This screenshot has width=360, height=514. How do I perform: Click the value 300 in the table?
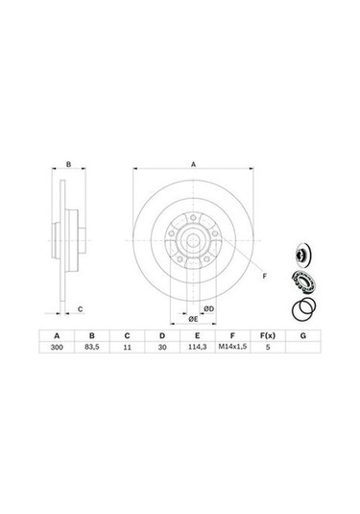pyautogui.click(x=57, y=347)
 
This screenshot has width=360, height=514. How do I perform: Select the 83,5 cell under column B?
pyautogui.click(x=92, y=347)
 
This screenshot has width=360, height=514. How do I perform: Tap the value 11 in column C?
pyautogui.click(x=127, y=347)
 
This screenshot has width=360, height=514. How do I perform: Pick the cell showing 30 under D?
pyautogui.click(x=162, y=347)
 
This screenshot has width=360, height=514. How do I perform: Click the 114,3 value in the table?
pyautogui.click(x=197, y=347)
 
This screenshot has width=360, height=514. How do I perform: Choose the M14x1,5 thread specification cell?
pyautogui.click(x=232, y=347)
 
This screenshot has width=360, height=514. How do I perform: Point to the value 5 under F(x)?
pyautogui.click(x=268, y=347)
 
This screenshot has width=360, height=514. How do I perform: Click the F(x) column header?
pyautogui.click(x=268, y=335)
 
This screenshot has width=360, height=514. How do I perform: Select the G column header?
pyautogui.click(x=303, y=335)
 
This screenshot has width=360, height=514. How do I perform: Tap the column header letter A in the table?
pyautogui.click(x=57, y=335)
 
